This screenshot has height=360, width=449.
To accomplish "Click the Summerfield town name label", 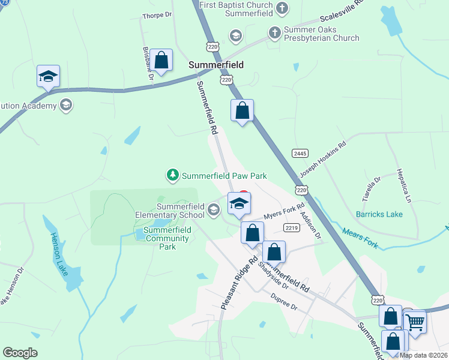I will (215, 65).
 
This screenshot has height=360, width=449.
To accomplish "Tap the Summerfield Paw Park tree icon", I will (173, 176).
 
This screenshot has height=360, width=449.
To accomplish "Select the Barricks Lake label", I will (379, 214).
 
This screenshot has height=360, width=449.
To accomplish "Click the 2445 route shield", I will (300, 154).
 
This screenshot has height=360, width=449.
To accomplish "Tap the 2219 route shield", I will (292, 227).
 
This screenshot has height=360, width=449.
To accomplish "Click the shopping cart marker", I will (415, 322).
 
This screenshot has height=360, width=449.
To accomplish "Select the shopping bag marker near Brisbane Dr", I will (161, 60).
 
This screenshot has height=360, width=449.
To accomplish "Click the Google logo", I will (20, 352).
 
